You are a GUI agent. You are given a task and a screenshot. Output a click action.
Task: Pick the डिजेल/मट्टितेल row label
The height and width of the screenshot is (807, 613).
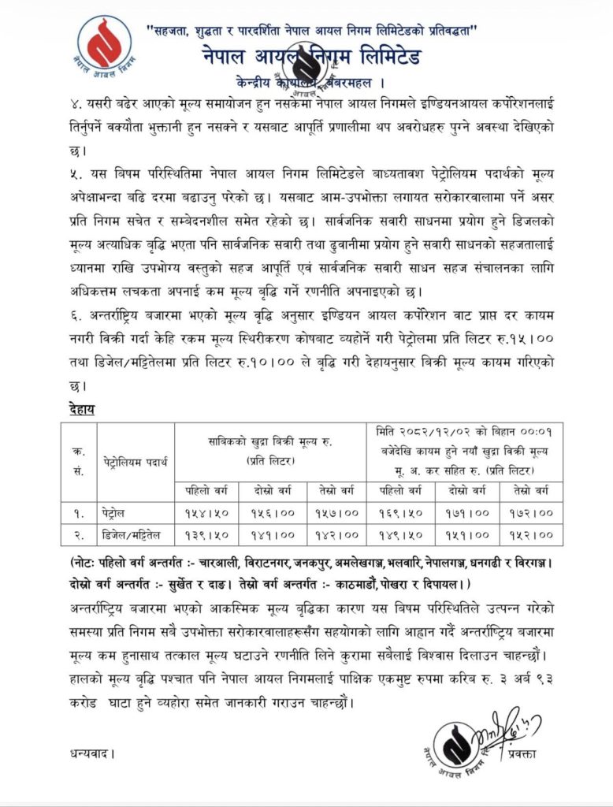point(135,535)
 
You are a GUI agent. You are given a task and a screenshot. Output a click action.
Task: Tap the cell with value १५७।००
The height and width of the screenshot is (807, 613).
point(336,513)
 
